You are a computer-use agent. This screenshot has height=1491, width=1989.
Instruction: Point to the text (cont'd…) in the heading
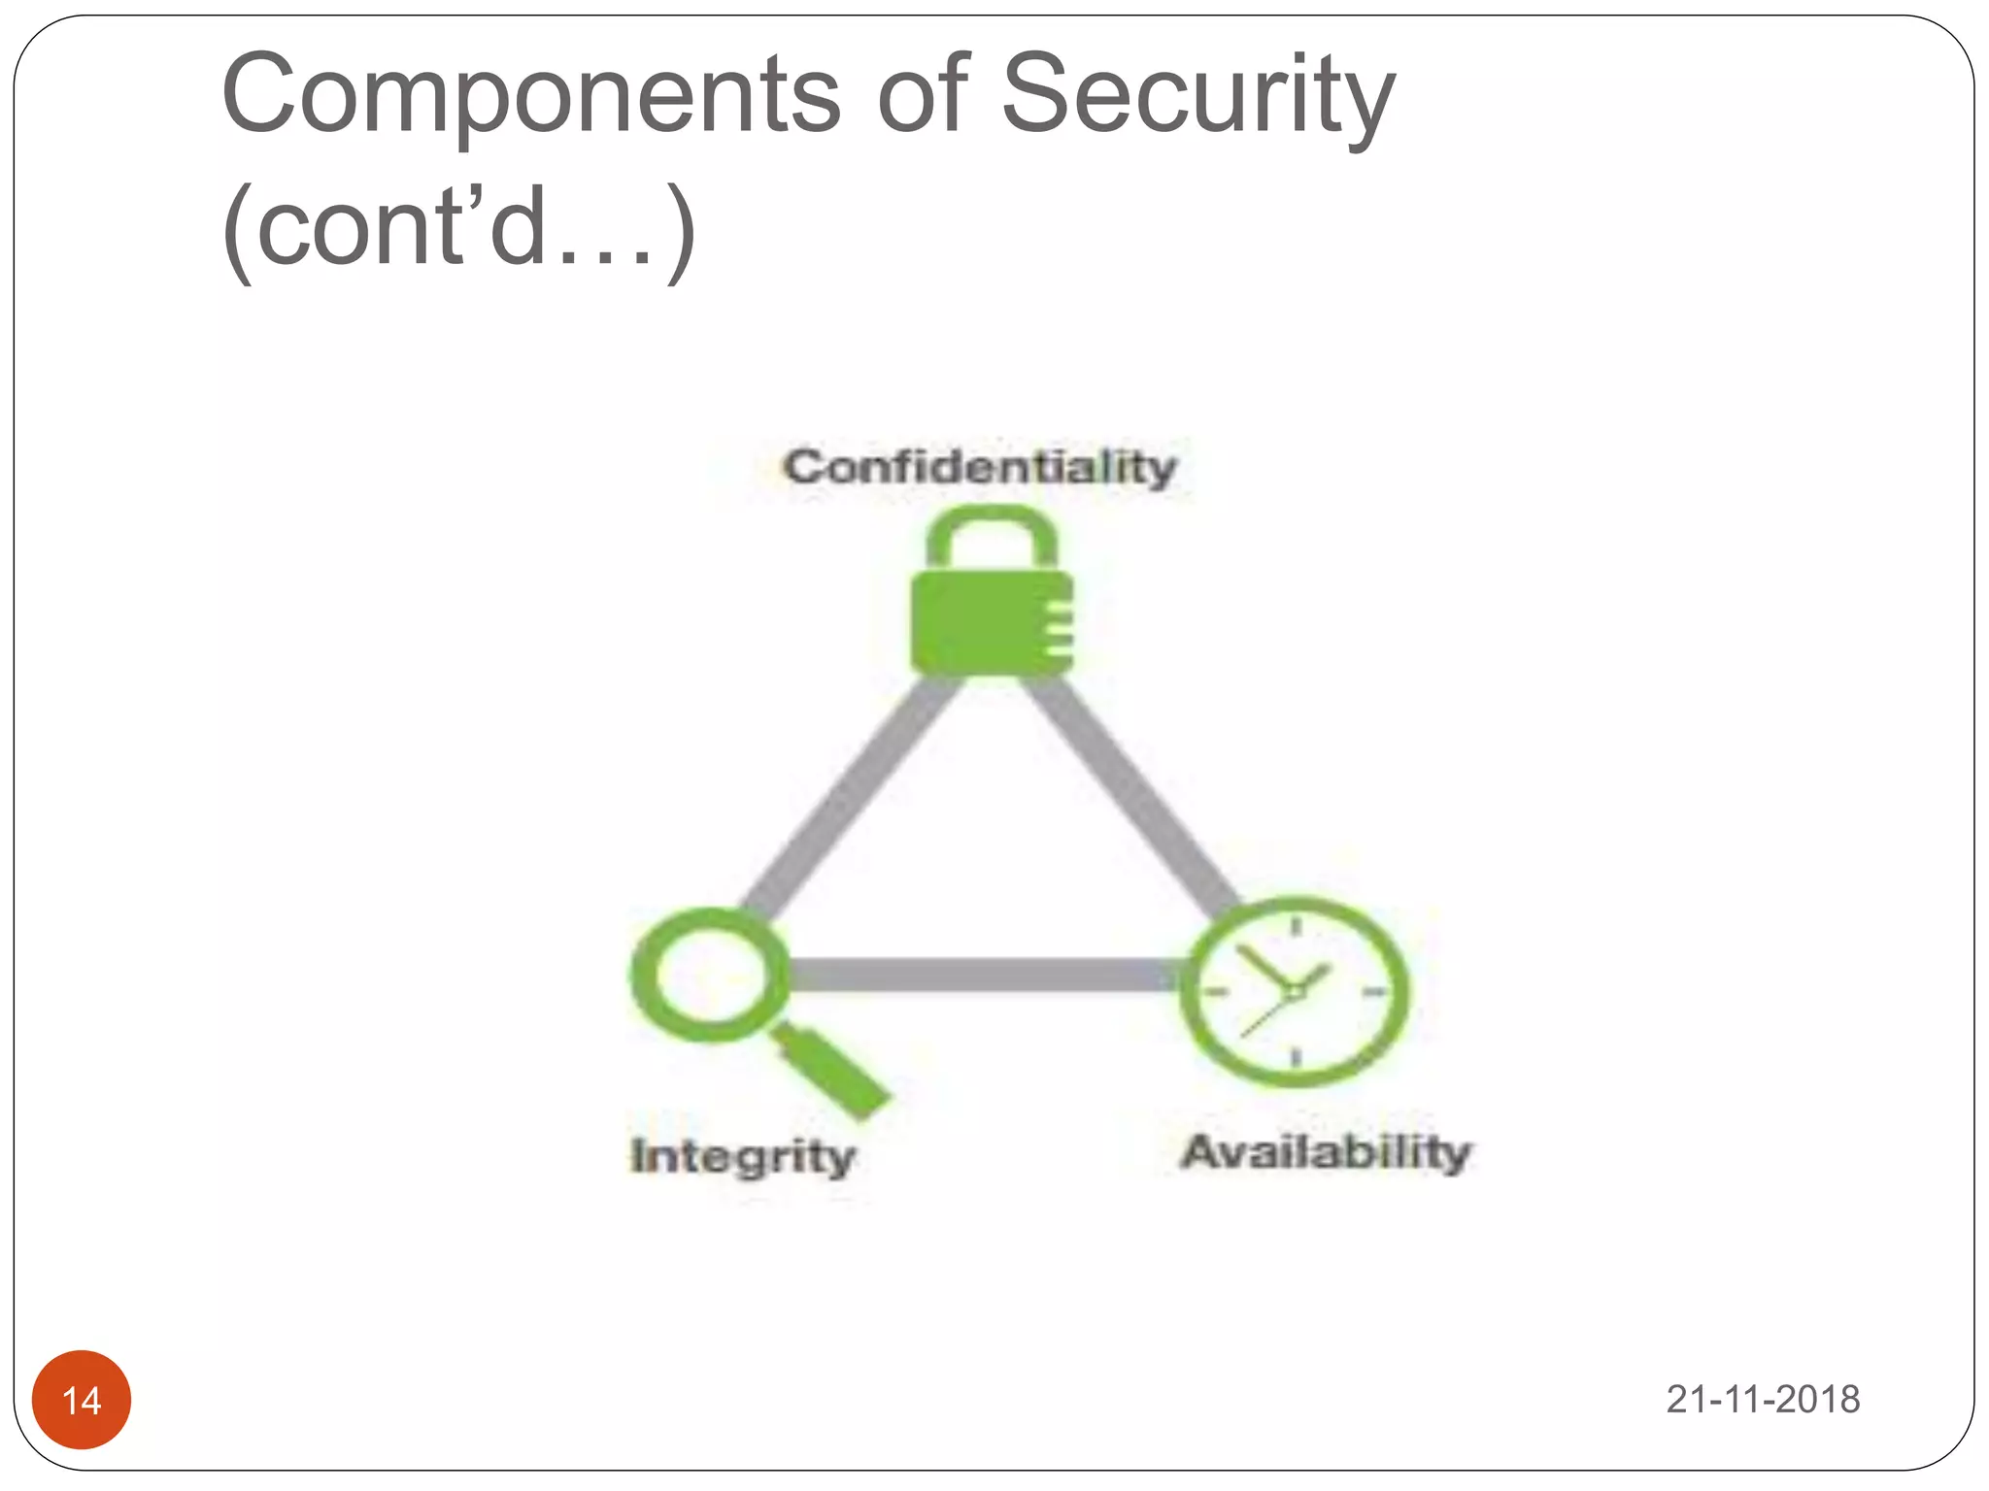[x=458, y=228]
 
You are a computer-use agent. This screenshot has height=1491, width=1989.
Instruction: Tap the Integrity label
[x=743, y=1156]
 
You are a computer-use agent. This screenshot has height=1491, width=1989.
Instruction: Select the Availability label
[x=1326, y=1152]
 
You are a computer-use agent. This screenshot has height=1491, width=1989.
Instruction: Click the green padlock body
[x=981, y=622]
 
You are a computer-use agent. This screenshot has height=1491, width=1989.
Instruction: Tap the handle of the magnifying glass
[x=835, y=1073]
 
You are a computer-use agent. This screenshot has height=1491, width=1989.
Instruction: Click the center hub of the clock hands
[x=1295, y=991]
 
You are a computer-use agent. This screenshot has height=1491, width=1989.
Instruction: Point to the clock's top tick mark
[x=1296, y=927]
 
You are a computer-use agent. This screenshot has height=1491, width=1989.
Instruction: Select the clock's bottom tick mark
[x=1297, y=1056]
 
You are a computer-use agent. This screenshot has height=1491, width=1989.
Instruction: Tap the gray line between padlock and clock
[x=1127, y=786]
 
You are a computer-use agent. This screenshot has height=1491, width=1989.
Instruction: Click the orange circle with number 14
[x=82, y=1399]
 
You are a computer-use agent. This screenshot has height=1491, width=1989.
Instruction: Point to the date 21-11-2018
[x=1763, y=1399]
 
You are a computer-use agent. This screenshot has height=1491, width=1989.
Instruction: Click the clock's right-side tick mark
[x=1373, y=991]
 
